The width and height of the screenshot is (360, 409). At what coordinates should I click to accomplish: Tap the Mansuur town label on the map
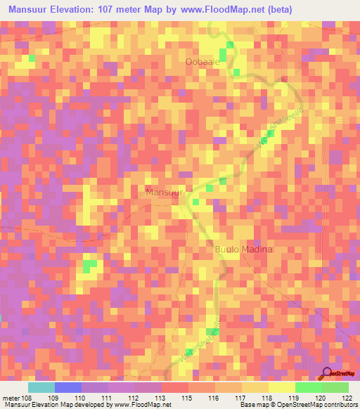(x=165, y=192)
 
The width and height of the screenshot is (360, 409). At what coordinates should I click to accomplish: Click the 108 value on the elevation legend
(x=26, y=398)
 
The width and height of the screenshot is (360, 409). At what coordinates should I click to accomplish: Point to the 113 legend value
(x=160, y=398)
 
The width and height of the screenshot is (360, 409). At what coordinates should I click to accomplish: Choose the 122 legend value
(x=348, y=398)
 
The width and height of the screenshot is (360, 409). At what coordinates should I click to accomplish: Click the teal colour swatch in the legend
(x=41, y=387)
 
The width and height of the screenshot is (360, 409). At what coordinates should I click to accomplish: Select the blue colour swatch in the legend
(x=67, y=387)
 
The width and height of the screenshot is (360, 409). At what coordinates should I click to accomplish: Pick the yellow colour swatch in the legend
(x=281, y=387)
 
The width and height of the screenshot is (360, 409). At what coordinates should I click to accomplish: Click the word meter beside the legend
(x=9, y=398)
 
